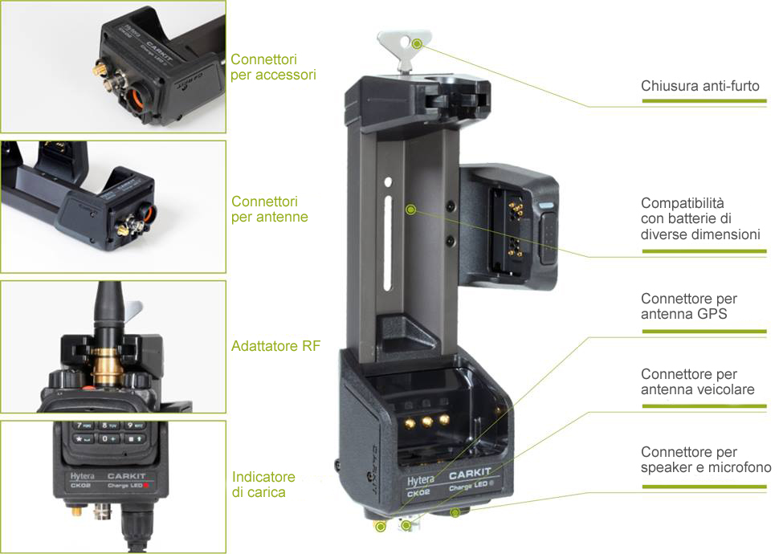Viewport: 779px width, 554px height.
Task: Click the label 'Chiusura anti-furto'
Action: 699,86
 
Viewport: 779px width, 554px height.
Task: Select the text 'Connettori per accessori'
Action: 273,67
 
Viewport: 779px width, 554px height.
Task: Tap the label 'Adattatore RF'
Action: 272,347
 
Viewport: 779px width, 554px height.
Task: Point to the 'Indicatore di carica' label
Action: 263,484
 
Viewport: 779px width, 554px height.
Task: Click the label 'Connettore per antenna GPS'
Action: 688,307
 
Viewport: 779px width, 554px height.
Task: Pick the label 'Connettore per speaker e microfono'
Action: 705,460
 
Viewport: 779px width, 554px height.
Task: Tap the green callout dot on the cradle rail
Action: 411,210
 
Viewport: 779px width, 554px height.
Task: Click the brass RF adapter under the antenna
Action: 104,365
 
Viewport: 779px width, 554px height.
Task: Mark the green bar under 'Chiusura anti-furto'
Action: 704,101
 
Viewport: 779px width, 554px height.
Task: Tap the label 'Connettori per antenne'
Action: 269,209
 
